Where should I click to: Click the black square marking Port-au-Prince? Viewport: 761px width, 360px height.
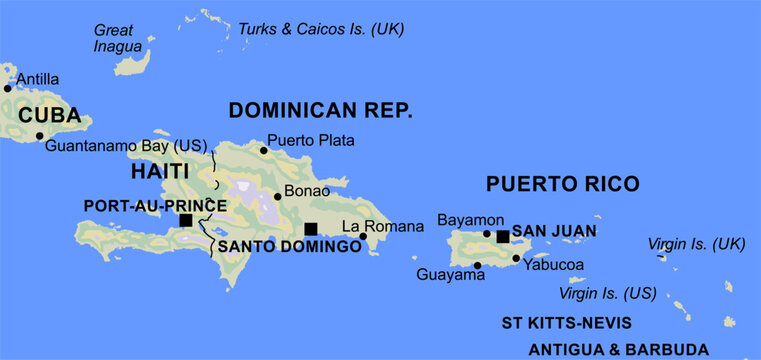(x=185, y=220)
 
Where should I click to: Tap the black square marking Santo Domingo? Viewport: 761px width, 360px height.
(x=311, y=229)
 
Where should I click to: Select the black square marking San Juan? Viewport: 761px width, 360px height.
(x=502, y=236)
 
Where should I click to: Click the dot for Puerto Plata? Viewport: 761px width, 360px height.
(x=264, y=151)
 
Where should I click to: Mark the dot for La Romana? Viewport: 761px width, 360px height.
(x=363, y=237)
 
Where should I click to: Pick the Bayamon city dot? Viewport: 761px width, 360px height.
(x=487, y=234)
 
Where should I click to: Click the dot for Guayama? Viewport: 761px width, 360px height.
(x=478, y=265)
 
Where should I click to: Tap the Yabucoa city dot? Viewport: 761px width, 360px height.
(x=516, y=259)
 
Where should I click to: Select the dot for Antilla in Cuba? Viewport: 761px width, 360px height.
(x=8, y=88)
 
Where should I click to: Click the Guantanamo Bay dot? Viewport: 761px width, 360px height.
(x=40, y=136)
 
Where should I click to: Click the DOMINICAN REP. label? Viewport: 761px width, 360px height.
(x=320, y=110)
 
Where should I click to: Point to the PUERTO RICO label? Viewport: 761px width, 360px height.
(x=561, y=184)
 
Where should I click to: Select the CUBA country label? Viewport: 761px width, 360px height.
(x=49, y=115)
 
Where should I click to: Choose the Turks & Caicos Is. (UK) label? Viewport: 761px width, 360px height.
(x=321, y=29)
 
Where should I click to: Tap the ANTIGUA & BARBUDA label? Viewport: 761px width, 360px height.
(x=618, y=350)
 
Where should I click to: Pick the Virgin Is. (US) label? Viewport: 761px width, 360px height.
(x=607, y=293)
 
